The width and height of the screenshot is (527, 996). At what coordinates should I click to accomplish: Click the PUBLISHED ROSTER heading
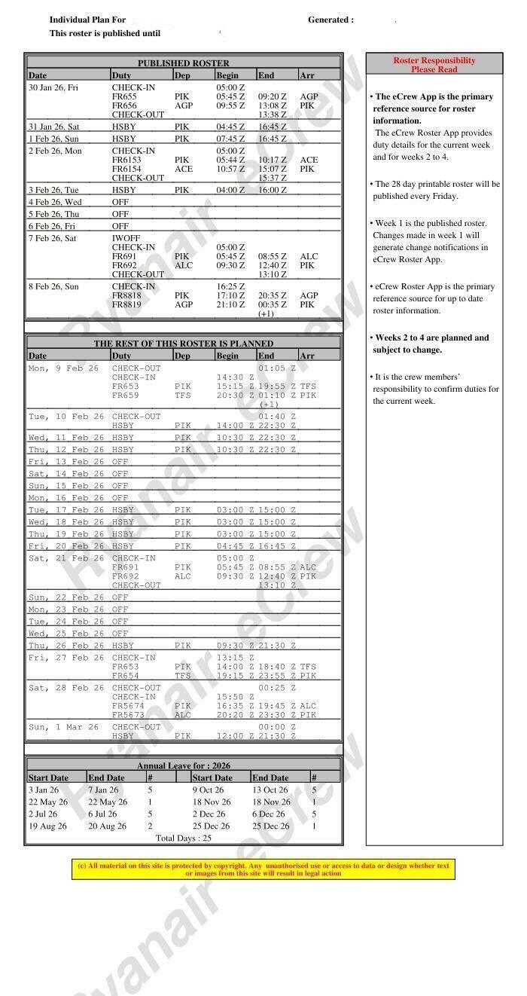183,63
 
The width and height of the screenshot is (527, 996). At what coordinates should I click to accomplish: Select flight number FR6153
126,160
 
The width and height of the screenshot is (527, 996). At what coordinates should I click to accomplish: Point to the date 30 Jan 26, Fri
53,88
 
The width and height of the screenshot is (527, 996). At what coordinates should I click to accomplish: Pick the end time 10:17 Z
272,160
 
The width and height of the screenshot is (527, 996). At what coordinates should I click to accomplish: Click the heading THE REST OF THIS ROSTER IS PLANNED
183,344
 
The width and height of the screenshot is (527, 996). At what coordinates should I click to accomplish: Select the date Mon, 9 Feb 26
63,368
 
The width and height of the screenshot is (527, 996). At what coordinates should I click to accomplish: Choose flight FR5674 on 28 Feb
128,706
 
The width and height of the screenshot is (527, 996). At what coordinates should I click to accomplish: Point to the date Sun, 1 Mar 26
63,727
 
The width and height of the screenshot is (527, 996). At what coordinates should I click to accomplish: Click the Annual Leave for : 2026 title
183,765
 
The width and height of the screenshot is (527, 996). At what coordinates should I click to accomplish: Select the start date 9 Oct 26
208,790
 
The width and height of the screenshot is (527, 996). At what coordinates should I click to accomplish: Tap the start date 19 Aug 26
47,826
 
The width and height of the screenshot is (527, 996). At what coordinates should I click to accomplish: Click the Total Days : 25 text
183,838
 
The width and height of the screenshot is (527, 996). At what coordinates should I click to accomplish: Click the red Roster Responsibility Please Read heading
434,65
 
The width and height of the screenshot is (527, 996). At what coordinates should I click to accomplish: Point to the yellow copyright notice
263,869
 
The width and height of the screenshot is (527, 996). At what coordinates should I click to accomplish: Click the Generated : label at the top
331,20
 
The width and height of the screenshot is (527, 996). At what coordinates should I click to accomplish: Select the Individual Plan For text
87,20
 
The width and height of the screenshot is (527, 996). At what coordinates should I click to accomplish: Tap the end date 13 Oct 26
270,790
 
